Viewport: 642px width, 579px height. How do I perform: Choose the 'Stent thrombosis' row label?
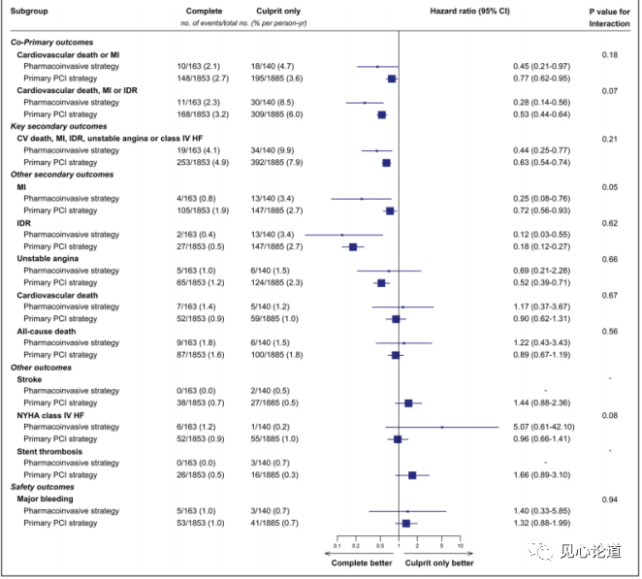click(48, 451)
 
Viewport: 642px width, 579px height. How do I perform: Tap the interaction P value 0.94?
click(610, 499)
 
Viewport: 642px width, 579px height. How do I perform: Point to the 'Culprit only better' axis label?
click(440, 563)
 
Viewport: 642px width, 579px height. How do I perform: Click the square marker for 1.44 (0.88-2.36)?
click(408, 402)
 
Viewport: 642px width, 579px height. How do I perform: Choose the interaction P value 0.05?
click(610, 186)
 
